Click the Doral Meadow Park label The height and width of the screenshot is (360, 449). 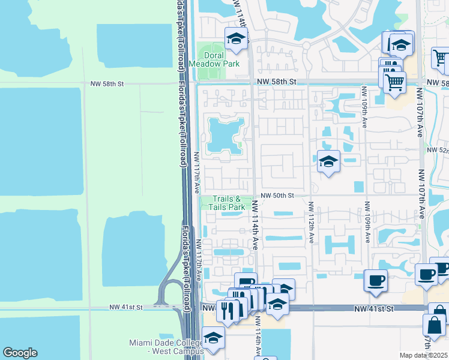[x=214, y=59]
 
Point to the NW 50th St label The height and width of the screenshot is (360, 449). [x=277, y=196]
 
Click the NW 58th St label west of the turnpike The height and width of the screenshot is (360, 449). [x=106, y=83]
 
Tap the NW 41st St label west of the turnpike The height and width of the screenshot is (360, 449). [x=125, y=307]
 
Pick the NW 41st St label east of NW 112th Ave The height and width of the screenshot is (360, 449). [x=373, y=308]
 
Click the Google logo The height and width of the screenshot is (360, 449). [x=20, y=353]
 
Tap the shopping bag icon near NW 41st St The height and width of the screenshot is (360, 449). [x=435, y=327]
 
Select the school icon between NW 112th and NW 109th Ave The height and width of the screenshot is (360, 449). [x=328, y=161]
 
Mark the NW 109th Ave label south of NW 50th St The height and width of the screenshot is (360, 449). [x=366, y=222]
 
